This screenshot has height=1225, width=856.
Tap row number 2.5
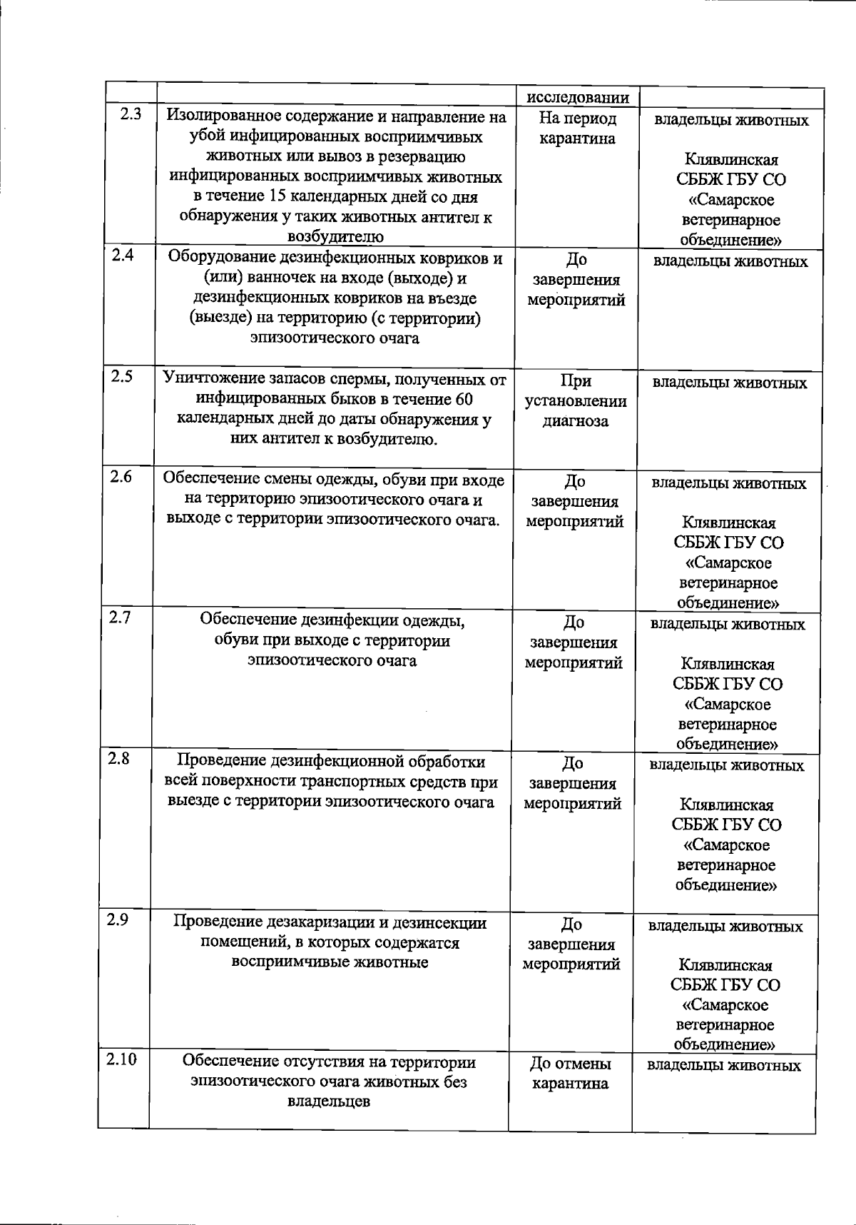pyautogui.click(x=122, y=376)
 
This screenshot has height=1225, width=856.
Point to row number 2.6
pyautogui.click(x=121, y=477)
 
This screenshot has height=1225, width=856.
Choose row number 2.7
pyautogui.click(x=120, y=617)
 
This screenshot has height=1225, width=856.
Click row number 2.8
pyautogui.click(x=118, y=758)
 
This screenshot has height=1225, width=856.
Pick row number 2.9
pyautogui.click(x=118, y=919)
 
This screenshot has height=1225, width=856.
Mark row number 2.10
pyautogui.click(x=121, y=1059)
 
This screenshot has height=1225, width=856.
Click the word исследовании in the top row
pyautogui.click(x=578, y=98)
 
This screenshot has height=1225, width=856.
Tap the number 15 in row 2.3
pyautogui.click(x=281, y=197)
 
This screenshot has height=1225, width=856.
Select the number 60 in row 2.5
pyautogui.click(x=464, y=399)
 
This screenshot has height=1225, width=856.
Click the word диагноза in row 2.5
pyautogui.click(x=576, y=421)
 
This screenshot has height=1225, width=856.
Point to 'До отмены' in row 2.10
pyautogui.click(x=570, y=1064)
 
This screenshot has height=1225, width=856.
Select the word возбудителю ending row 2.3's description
pyautogui.click(x=335, y=237)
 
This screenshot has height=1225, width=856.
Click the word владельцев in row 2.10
pyautogui.click(x=328, y=1102)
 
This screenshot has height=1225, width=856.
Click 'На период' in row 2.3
pyautogui.click(x=578, y=119)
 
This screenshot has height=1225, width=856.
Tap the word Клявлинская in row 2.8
pyautogui.click(x=727, y=805)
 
